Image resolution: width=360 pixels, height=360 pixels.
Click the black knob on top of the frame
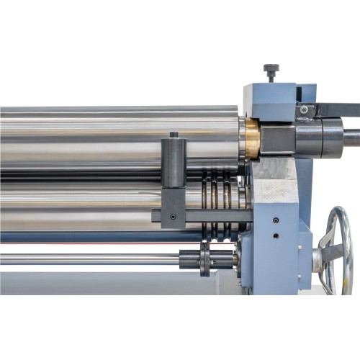[271, 70]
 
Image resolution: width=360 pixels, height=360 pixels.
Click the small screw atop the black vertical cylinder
[174, 135]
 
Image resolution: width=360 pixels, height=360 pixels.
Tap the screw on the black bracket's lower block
[173, 216]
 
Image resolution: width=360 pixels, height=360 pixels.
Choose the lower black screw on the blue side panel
[276, 235]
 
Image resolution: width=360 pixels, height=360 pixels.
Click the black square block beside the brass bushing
[276, 137]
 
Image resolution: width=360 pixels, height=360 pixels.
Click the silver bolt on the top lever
[304, 110]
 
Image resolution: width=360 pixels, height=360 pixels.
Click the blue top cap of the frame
[270, 94]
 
